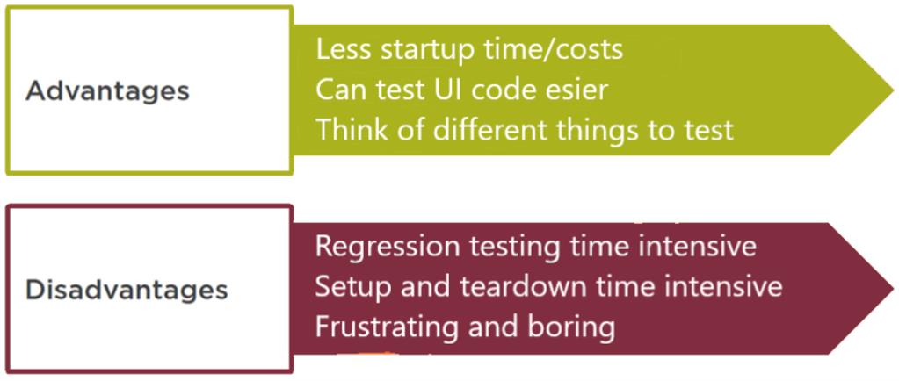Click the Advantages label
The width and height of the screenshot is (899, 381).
[x=107, y=91]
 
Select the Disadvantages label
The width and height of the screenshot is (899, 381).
[x=127, y=290]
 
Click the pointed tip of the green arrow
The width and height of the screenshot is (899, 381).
[x=893, y=90]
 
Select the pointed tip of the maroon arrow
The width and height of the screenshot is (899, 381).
[x=893, y=288]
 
